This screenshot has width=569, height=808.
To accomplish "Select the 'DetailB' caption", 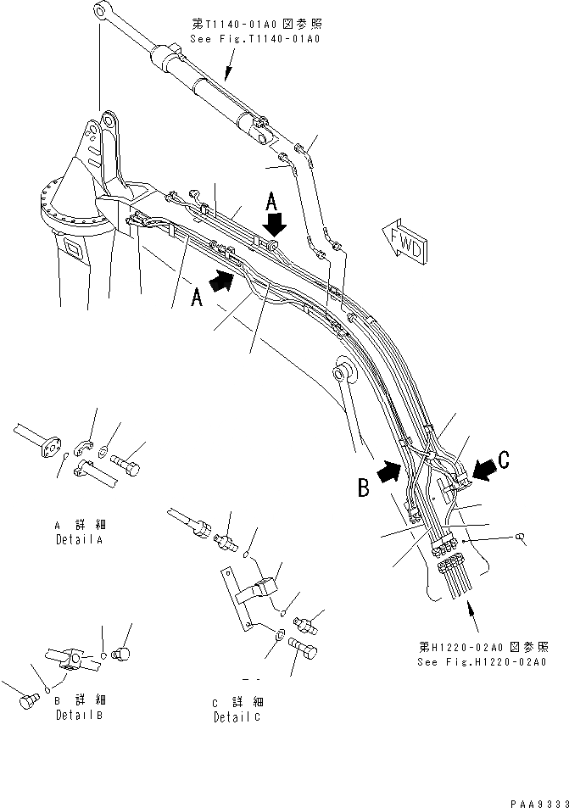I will pos(79,714).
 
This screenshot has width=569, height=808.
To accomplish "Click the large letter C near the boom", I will pos(504,460).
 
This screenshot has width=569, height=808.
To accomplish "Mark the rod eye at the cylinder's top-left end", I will pos(102,12).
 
